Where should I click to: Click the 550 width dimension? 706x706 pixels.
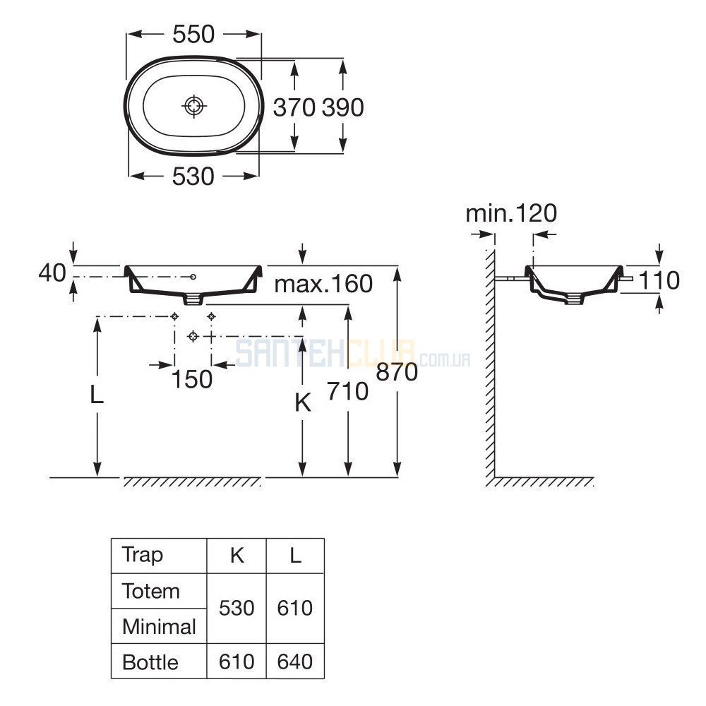click(193, 34)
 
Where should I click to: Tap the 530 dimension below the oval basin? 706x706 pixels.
click(193, 176)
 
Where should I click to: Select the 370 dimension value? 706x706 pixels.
click(294, 107)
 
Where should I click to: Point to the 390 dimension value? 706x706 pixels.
click(342, 107)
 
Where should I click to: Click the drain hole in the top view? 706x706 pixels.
click(194, 107)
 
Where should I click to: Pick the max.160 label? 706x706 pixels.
click(323, 284)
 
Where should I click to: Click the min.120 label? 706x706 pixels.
click(511, 213)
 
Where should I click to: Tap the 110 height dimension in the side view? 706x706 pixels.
click(659, 280)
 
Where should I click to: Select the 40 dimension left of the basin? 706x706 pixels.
click(52, 273)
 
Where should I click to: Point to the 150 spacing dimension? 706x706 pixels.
click(192, 379)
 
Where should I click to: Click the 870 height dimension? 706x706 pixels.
click(397, 372)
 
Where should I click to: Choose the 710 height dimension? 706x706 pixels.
click(347, 391)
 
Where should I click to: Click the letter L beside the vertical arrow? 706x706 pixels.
click(97, 395)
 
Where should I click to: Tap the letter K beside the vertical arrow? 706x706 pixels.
click(303, 403)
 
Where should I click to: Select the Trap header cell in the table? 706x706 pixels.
click(143, 555)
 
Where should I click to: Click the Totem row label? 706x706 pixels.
click(151, 591)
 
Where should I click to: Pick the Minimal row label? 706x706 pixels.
click(159, 627)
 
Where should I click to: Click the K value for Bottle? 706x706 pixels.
click(237, 662)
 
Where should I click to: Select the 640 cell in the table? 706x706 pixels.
click(295, 662)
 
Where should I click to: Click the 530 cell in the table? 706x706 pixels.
click(237, 609)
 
